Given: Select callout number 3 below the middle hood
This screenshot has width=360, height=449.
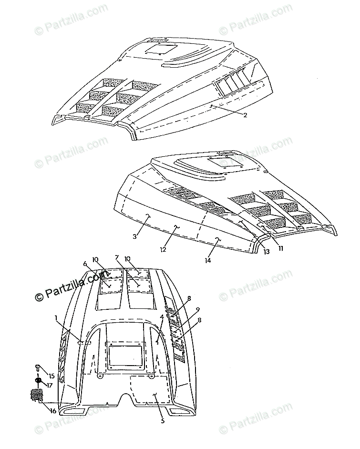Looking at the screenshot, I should tap(135, 236).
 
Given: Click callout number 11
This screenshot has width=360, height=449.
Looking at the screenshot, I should tap(281, 248).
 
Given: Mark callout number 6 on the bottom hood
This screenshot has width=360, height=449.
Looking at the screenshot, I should tap(85, 264).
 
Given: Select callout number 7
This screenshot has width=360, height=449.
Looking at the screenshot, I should tap(117, 258).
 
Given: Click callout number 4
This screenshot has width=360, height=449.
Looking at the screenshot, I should tap(162, 316).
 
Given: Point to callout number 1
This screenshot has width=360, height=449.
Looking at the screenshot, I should tap(57, 317).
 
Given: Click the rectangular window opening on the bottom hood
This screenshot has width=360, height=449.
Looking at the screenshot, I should tap(123, 356).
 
